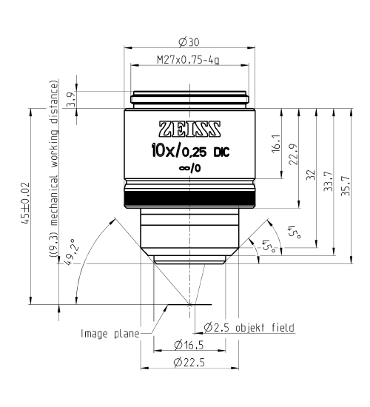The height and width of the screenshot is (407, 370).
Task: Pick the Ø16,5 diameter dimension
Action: coord(189,345)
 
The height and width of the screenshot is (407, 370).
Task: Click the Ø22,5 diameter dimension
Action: coord(189,362)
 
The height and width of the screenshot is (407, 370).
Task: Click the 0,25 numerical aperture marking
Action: coord(194,153)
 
